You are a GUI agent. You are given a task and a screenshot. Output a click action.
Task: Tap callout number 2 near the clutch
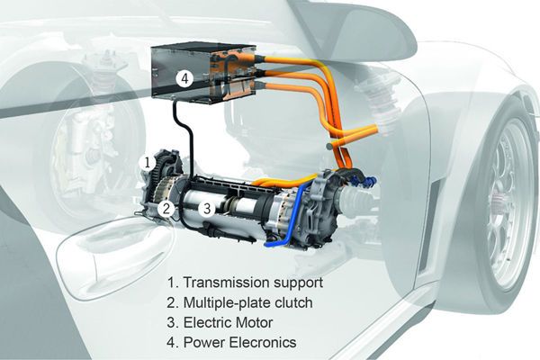point(166,208)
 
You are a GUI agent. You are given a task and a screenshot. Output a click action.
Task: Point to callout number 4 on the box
point(184,78)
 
